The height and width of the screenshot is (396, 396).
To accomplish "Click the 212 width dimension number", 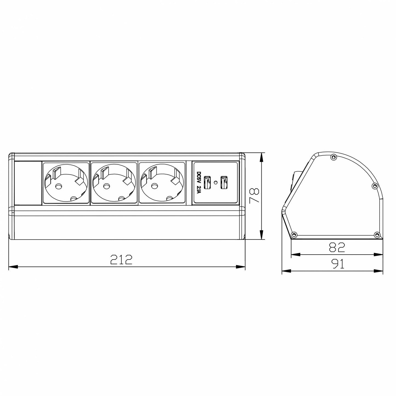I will pos(121,259).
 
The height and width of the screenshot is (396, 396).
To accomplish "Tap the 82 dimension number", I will pos(336,247).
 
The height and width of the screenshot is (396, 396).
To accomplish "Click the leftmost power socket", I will pos(66,183).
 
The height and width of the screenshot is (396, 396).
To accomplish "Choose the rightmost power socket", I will pos(162,183).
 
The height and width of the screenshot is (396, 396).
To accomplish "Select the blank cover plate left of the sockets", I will pos(27,183).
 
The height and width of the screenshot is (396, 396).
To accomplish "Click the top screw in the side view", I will pos(333,157).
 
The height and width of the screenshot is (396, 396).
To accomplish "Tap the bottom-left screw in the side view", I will pos(294,235).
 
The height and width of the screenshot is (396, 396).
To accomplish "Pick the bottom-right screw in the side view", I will pos(377,235).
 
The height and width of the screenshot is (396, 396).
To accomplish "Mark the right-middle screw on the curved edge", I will pos(375,186).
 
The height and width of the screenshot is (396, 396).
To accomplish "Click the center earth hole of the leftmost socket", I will pos(58,187).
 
